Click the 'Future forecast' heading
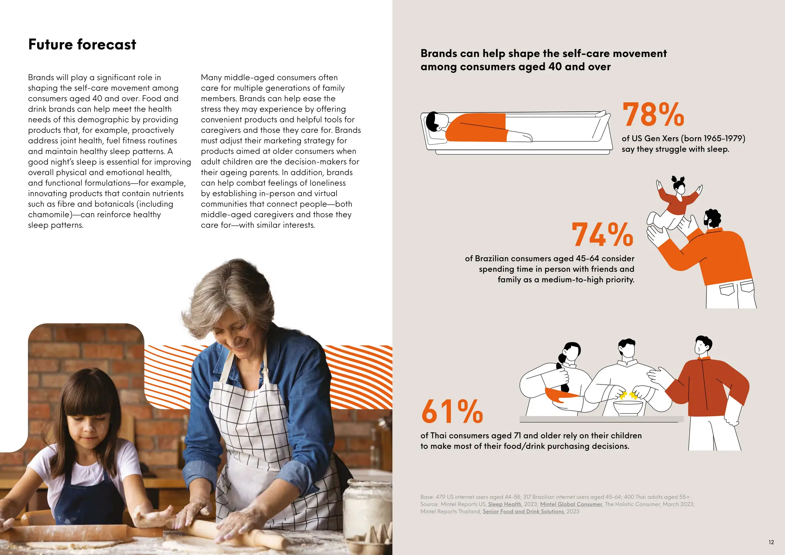click(x=82, y=44)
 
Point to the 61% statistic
click(x=452, y=412)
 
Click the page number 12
click(x=771, y=542)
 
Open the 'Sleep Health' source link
click(x=504, y=504)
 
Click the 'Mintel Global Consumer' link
click(x=571, y=504)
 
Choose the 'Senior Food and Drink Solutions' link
click(x=523, y=512)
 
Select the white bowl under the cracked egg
click(x=628, y=408)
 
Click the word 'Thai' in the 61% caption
click(x=438, y=436)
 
